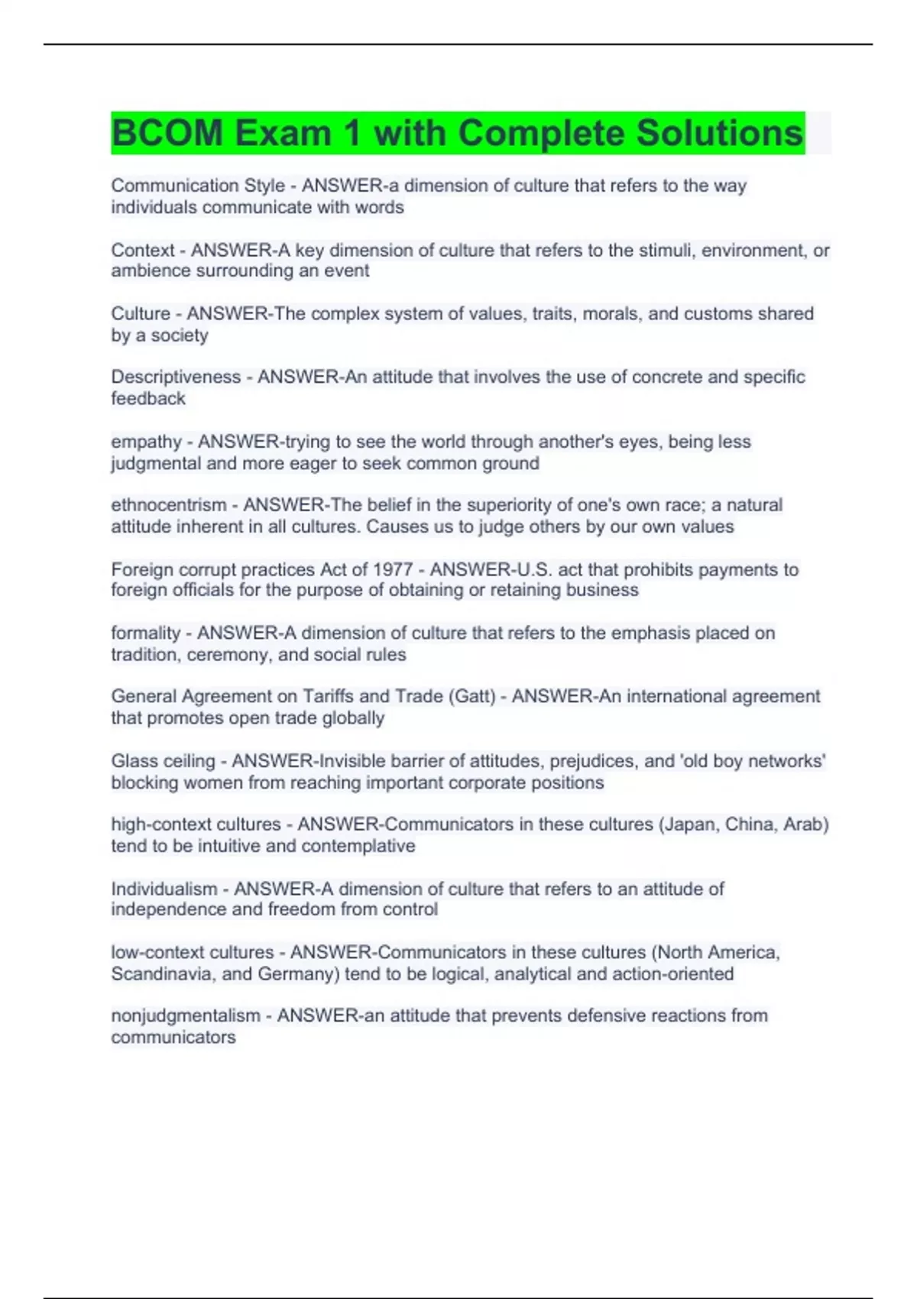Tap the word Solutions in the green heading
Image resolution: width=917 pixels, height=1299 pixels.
tap(719, 134)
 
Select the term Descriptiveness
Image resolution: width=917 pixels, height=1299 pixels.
tap(176, 377)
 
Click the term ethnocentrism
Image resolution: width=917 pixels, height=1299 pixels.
tap(168, 505)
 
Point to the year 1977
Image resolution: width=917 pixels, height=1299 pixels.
tap(393, 569)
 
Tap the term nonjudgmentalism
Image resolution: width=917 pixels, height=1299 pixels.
tap(186, 1016)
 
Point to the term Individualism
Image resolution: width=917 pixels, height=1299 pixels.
tap(164, 889)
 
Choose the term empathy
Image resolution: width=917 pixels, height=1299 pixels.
tap(146, 442)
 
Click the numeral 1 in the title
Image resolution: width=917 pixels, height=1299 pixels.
tap(352, 134)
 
